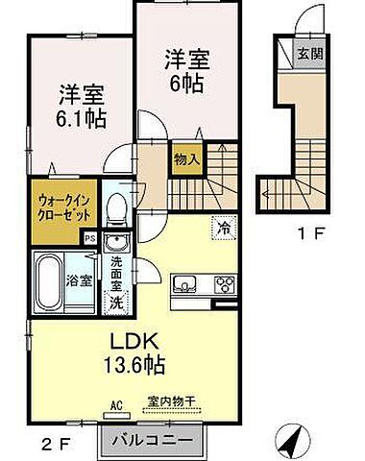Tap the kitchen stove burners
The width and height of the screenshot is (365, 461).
[225, 284]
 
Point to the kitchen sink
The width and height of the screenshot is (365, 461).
[184, 285]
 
